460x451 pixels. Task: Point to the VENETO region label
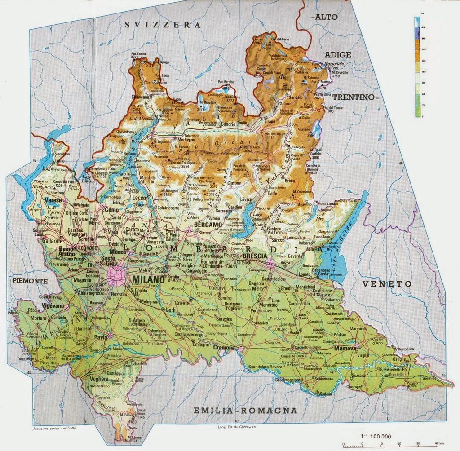pos(387,284)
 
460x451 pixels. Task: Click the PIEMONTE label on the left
pos(30,280)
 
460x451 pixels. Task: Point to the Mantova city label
pos(345,348)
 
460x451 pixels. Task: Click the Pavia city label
pos(100,337)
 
